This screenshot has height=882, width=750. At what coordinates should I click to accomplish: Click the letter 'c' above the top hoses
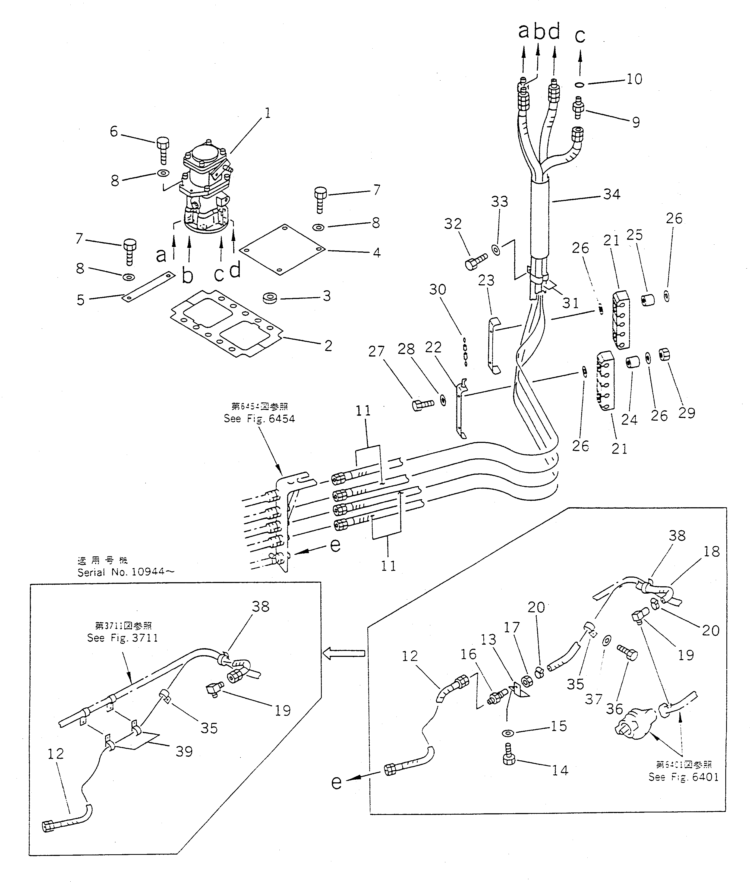coord(580,36)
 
